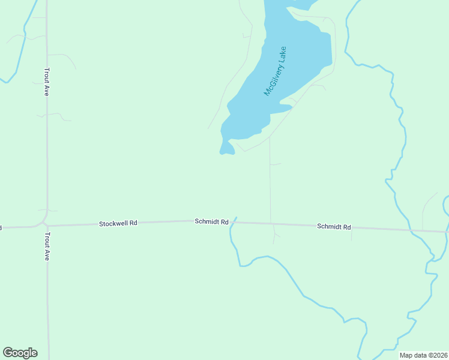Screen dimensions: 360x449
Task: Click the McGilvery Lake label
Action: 276,71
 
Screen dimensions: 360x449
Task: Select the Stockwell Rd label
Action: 118,223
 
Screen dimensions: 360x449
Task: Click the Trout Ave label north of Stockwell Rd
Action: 46,82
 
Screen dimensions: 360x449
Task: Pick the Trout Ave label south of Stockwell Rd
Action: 46,246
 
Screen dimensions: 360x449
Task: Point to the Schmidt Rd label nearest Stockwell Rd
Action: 211,221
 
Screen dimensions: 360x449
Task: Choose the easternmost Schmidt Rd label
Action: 334,227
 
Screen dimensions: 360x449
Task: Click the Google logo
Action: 20,353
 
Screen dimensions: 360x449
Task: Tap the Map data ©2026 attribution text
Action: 423,355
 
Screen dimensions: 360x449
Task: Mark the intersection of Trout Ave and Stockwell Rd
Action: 46,226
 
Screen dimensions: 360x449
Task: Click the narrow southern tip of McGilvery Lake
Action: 226,150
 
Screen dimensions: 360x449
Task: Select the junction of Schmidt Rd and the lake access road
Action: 271,224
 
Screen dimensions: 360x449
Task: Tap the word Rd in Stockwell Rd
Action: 133,223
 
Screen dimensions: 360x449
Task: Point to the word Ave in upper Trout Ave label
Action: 46,91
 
